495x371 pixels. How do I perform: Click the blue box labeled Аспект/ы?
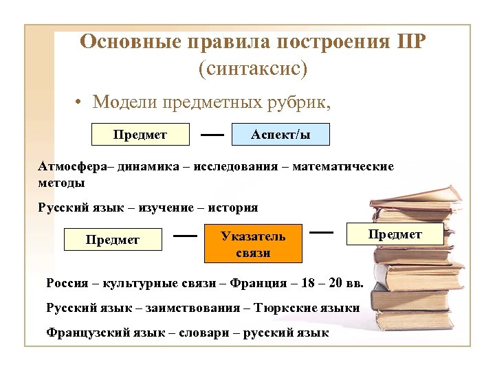pyautogui.click(x=280, y=135)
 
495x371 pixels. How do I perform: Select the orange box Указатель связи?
pyautogui.click(x=253, y=244)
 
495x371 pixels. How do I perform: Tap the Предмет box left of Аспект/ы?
pyautogui.click(x=140, y=135)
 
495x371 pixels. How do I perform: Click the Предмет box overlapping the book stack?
pyautogui.click(x=395, y=234)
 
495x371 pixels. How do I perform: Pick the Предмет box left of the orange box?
pyautogui.click(x=113, y=240)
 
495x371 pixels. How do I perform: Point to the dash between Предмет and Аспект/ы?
pyautogui.click(x=211, y=135)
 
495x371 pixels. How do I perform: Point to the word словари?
pyautogui.click(x=204, y=333)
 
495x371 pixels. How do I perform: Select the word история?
pyautogui.click(x=233, y=207)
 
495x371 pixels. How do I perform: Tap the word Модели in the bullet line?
pyautogui.click(x=124, y=102)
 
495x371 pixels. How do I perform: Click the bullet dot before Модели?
pyautogui.click(x=80, y=103)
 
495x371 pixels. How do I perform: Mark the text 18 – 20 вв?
pyautogui.click(x=333, y=282)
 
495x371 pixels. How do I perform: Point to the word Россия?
pyautogui.click(x=67, y=282)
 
